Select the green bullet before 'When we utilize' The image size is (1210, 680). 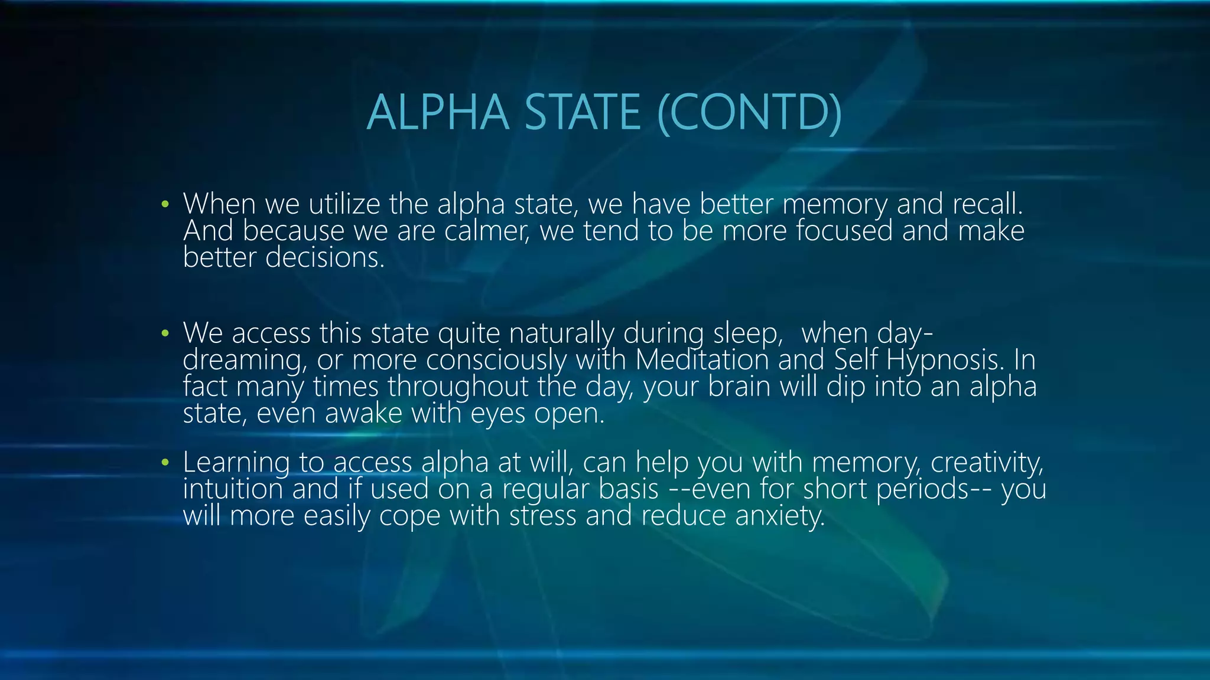point(165,205)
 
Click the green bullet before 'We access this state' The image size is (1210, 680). point(165,334)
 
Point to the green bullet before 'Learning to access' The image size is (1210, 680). point(165,463)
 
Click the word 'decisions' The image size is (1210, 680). point(324,257)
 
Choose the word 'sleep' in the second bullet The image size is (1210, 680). point(747,334)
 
